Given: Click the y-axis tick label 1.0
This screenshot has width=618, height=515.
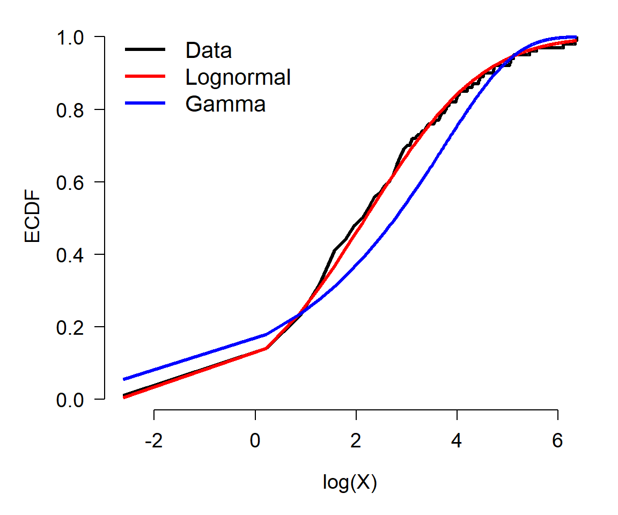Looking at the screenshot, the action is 70,38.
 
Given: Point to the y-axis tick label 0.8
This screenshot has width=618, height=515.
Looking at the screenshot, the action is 70,111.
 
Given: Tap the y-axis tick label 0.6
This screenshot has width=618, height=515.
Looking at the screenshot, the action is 70,183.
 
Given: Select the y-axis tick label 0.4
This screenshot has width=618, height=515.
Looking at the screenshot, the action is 70,255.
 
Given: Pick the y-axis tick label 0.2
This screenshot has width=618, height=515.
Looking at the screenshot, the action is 70,328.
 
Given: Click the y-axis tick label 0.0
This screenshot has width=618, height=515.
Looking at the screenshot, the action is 70,400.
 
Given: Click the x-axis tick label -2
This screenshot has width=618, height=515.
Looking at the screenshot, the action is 154,440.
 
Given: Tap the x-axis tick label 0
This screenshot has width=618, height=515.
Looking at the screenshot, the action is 255,440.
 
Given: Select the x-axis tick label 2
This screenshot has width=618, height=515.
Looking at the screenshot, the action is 356,440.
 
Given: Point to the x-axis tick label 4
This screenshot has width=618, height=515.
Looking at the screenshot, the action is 457,440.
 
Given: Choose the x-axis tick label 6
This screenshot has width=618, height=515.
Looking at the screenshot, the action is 557,440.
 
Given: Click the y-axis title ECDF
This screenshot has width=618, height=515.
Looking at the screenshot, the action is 32,216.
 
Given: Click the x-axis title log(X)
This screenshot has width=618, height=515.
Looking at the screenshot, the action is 350,482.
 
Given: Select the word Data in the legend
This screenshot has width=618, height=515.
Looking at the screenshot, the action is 209,50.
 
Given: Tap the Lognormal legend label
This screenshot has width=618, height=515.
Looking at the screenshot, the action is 238,77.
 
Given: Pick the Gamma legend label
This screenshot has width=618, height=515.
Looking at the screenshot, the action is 225,105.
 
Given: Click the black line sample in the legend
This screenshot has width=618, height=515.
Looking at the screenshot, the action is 145,49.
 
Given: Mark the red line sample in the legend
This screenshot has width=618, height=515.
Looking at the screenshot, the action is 145,76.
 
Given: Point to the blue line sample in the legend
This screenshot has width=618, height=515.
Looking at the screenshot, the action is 145,103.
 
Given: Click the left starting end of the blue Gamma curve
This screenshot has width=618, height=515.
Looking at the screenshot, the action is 124,379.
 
